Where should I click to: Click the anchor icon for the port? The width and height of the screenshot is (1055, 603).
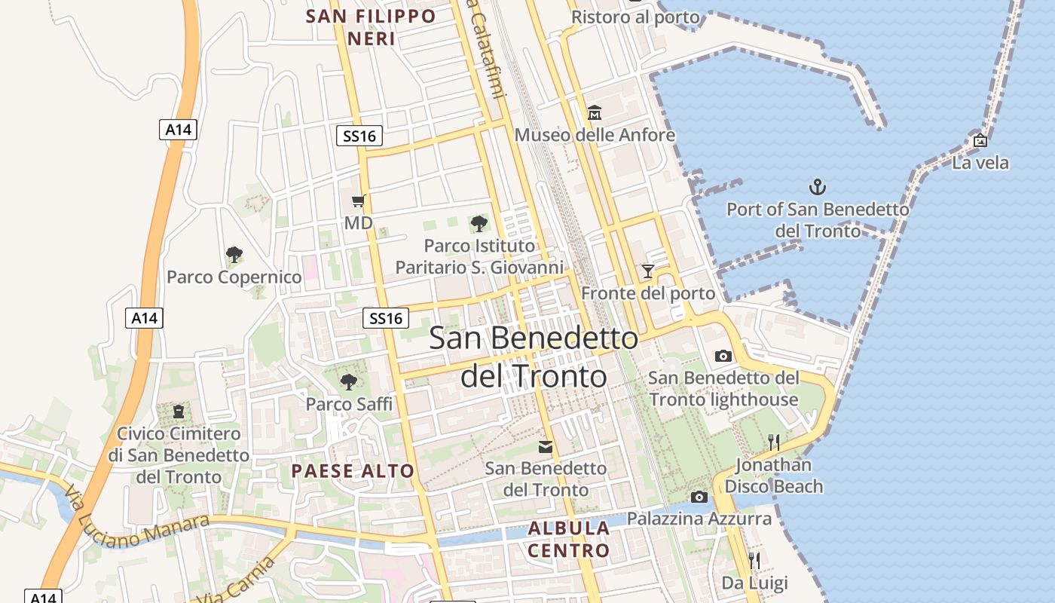[x=818, y=186]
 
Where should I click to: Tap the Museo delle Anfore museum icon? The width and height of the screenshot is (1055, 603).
[x=595, y=113]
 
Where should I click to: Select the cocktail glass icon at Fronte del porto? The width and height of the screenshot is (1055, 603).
[x=647, y=271]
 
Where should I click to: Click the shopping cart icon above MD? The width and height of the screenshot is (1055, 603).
[x=359, y=200]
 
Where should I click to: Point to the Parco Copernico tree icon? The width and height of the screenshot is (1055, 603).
[x=234, y=255]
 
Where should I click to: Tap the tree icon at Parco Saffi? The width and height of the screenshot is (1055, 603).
[x=348, y=381]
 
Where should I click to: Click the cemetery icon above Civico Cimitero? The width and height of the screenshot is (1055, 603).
[x=179, y=412]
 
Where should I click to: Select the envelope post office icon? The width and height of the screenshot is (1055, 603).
[x=546, y=447]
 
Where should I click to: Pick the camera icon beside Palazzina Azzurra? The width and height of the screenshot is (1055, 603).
[x=699, y=497]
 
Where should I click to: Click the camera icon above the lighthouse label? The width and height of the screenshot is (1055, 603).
[x=723, y=356]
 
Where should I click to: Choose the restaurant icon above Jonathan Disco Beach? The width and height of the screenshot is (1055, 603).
[x=773, y=442]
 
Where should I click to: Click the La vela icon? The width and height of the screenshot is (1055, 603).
[x=980, y=140]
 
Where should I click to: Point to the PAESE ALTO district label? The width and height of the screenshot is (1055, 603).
[x=353, y=472]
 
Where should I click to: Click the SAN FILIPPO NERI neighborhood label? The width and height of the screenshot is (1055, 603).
[x=372, y=27]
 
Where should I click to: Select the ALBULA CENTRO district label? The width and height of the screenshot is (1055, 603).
[x=569, y=539]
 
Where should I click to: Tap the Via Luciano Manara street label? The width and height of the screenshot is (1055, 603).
[x=136, y=520]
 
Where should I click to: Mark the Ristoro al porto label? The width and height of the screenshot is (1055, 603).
[x=625, y=17]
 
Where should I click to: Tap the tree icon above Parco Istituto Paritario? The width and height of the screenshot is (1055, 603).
[x=479, y=223]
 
